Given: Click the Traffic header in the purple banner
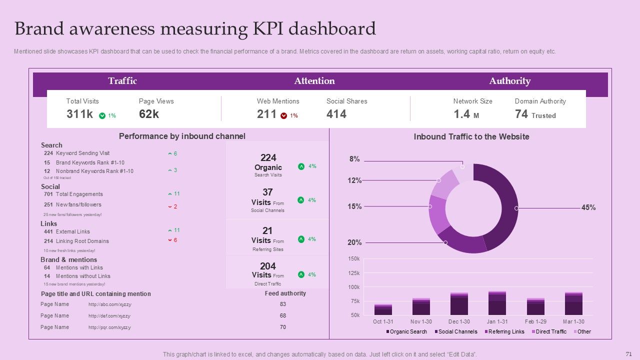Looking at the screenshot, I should [122, 81].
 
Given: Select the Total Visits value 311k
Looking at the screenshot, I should [79, 114].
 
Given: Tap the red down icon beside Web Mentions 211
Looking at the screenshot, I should [284, 115].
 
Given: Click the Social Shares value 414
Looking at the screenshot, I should [336, 114].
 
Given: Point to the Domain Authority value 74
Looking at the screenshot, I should [521, 114].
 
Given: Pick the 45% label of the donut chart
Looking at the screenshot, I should [588, 207].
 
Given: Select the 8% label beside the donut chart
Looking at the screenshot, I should [354, 159].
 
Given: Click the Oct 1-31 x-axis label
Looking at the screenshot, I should [384, 321].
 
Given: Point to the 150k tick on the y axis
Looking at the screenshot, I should [354, 258].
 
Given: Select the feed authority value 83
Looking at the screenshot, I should [283, 304].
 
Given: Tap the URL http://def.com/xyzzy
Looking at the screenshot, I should [109, 316].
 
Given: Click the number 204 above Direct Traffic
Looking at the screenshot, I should [268, 266].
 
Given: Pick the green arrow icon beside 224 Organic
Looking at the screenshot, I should [301, 166].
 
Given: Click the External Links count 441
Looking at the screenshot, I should [48, 231].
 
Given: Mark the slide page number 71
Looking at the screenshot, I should [629, 353].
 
